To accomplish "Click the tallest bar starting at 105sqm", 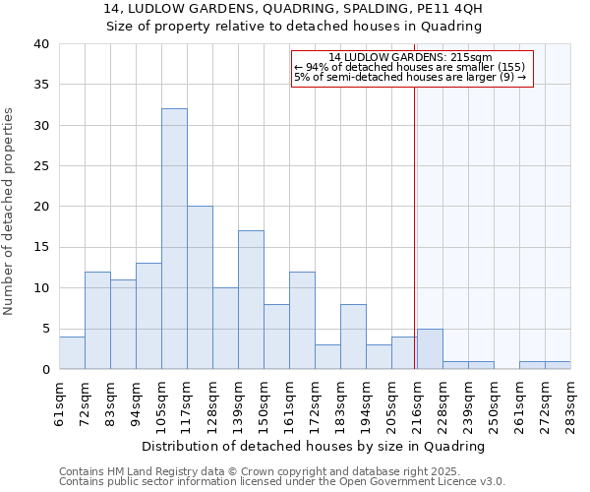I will tap(174, 239).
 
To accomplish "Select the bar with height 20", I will tap(200, 287).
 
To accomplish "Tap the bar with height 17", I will tap(251, 300).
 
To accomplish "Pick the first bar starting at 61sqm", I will tap(72, 352).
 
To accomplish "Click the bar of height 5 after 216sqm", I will tap(430, 348).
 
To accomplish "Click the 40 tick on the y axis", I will tap(40, 44).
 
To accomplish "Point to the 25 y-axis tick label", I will tap(40, 166).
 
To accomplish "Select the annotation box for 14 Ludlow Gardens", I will tap(412, 67).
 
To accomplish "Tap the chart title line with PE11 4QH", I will tap(293, 10).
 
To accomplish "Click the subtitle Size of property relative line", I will tap(293, 27).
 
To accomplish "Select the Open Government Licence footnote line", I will tap(282, 481).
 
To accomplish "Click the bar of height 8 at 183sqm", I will tap(353, 337).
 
